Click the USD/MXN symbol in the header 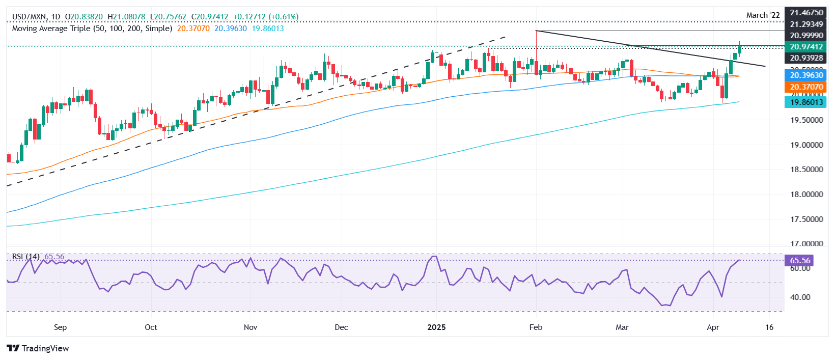29,17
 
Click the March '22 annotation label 763,15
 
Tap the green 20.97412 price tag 806,47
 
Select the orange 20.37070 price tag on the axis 806,87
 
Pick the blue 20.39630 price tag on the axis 806,75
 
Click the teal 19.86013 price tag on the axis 806,102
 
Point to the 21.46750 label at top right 806,13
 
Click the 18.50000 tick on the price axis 806,170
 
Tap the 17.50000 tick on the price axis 806,219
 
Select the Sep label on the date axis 60,327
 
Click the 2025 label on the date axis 436,327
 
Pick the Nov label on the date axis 250,327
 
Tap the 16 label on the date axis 769,327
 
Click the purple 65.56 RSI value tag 799,261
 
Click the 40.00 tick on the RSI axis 801,297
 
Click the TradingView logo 38,348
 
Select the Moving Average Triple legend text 92,29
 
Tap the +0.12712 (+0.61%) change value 266,17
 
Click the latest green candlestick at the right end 739,49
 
